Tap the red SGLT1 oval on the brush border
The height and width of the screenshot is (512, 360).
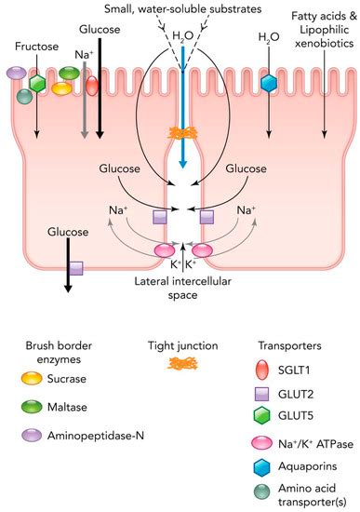pos(92,87)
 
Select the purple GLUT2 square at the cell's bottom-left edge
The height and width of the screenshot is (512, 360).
pos(76,267)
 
